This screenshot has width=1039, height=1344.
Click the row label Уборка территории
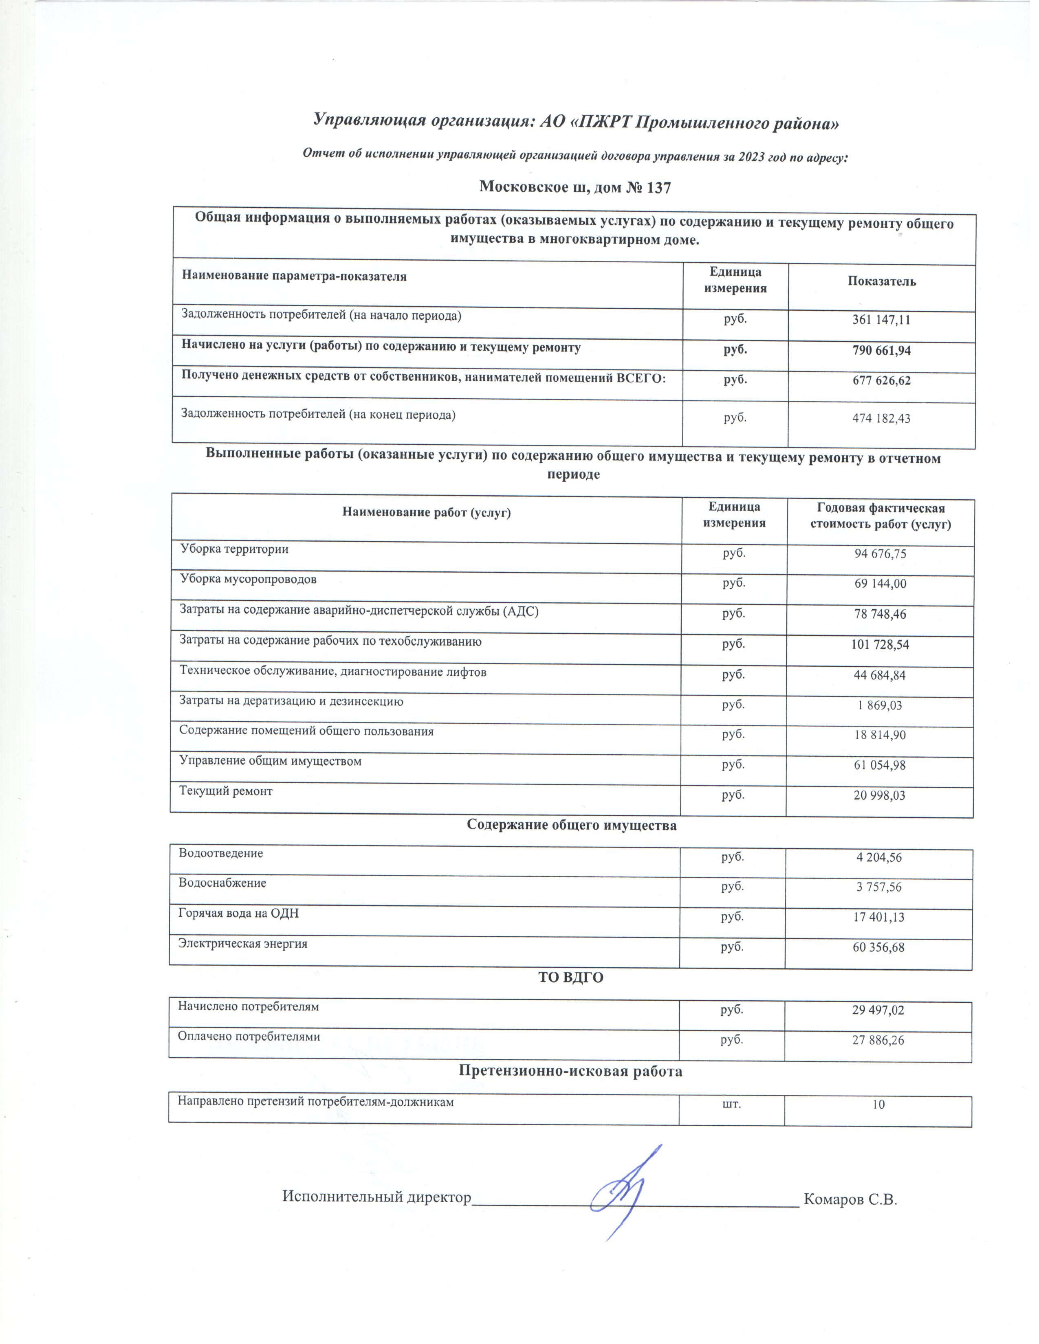[x=234, y=549]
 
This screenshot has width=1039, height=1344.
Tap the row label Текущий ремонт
[x=225, y=791]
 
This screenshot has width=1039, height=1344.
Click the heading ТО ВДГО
[x=570, y=977]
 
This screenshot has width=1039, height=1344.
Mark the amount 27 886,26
[x=878, y=1041]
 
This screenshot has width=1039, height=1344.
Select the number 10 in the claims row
[x=878, y=1105]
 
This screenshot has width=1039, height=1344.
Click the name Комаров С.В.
[x=850, y=1199]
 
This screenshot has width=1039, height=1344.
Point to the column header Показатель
[x=881, y=282]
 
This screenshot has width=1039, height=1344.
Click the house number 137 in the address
[x=658, y=188]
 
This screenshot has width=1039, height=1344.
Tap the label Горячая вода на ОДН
[x=238, y=913]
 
